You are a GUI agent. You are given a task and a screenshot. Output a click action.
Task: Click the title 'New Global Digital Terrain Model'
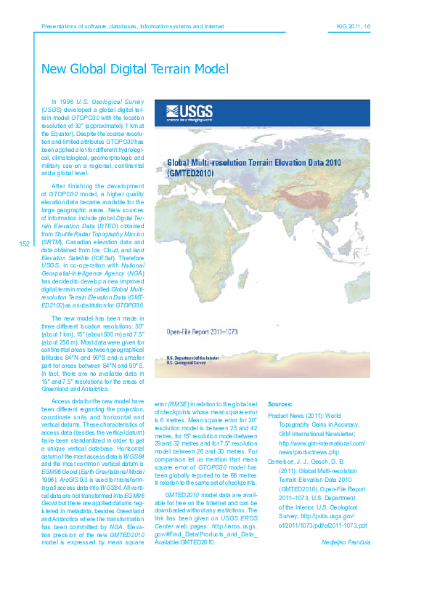coord(134,69)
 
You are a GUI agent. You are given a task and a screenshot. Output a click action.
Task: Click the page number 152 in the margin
coord(25,244)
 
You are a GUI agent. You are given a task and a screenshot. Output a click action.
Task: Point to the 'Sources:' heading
coord(280,403)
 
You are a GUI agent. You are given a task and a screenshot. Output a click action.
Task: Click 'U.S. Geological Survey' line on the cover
coord(186,384)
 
